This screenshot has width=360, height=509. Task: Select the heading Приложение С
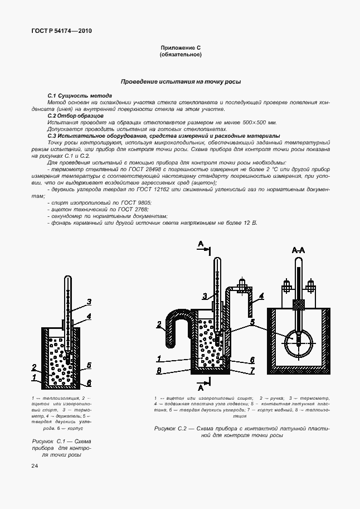180,49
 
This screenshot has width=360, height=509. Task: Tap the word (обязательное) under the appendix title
180,55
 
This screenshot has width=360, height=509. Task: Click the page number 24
35,466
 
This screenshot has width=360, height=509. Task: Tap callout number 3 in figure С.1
88,303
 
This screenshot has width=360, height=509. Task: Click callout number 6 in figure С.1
88,384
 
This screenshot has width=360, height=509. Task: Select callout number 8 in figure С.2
159,370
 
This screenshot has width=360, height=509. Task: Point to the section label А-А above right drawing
299,251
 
